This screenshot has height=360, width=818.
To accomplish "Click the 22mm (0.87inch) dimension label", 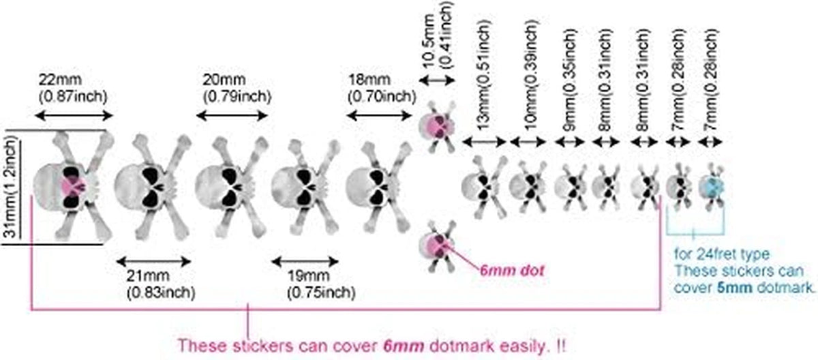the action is pos(73,88).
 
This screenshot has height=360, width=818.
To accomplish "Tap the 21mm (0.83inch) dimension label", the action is pos(161,284).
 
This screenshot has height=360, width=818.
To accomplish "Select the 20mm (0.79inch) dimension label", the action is pos(237,88).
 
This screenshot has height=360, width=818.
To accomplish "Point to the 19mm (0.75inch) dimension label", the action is pos(321,284).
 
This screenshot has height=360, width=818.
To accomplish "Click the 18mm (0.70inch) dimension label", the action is pos(382,88).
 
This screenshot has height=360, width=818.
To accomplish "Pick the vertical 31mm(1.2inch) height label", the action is pos(12,187).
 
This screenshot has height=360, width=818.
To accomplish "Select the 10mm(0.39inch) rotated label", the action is pos(530,75).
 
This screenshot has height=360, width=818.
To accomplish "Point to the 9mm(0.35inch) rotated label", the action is pos(569,80).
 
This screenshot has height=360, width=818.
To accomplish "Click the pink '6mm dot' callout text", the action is pos(512,271).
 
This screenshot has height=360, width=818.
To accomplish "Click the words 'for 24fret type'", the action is pos(722,254).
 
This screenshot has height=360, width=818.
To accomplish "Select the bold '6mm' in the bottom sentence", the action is pos(404,346).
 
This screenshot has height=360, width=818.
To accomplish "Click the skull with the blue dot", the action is pos(711,187).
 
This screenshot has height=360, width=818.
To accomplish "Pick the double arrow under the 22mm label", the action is pos(74,116).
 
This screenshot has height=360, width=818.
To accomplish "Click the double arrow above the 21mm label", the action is pos(154,261).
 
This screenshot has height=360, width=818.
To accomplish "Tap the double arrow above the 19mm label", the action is pos(305,261).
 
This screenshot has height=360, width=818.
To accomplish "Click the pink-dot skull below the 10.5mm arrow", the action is pos(437,126).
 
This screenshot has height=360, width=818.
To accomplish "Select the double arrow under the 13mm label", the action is pos(484,142).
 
